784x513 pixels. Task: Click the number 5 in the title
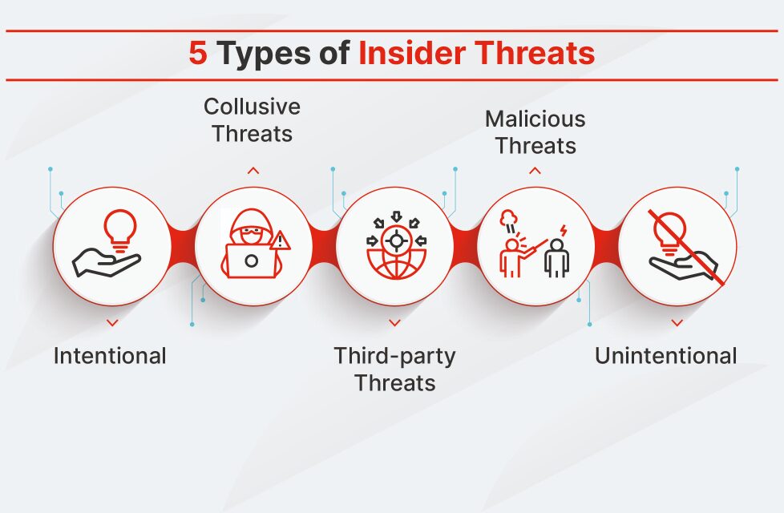pos(197,54)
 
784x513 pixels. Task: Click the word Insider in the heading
pos(410,54)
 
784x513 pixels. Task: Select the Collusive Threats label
pos(252,119)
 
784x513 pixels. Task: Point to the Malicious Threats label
pos(535,132)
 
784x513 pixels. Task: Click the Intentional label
pos(110,356)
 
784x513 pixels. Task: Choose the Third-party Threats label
pos(394,369)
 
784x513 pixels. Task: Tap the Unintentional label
pos(665,356)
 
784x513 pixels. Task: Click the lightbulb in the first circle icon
pos(121,227)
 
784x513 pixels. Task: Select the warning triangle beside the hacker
pos(279,240)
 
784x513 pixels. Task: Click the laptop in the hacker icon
pos(251,260)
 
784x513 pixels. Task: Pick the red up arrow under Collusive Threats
pos(253,170)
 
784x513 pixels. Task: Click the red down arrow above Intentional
pos(112,322)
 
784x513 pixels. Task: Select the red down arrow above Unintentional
pos(677,322)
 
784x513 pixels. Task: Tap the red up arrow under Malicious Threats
pos(535,170)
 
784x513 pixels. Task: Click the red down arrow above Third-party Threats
pos(394,322)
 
